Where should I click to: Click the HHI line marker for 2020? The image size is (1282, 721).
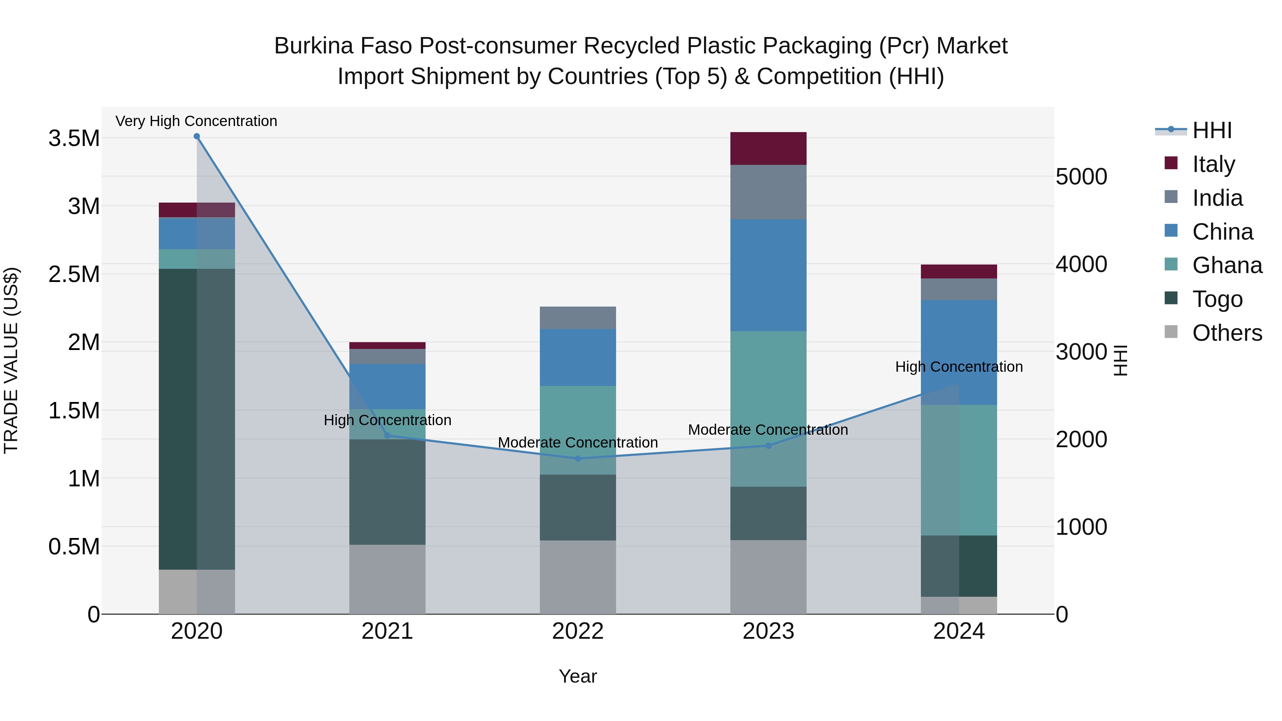tap(197, 136)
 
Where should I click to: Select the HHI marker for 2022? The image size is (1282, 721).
tap(578, 458)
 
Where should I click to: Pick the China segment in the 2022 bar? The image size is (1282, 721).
tap(578, 357)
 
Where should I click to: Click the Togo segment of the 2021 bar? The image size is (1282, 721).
tap(387, 492)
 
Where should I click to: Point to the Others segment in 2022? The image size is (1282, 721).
tap(578, 577)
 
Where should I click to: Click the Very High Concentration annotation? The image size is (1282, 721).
tap(196, 121)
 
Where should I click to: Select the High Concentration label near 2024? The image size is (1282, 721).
tap(959, 367)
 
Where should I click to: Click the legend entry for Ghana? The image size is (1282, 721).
tap(1227, 265)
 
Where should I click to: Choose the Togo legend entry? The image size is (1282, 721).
tap(1217, 299)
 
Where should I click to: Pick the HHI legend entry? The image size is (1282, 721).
tap(1211, 130)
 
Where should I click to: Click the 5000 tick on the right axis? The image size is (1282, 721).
tap(1081, 177)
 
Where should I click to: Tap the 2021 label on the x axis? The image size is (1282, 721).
tap(387, 631)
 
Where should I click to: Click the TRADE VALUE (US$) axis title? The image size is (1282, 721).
tap(11, 360)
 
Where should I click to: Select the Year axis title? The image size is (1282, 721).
tap(578, 676)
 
